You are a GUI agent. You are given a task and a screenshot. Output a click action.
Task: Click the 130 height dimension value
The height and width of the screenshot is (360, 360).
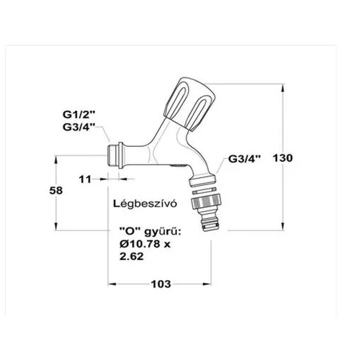(283, 158)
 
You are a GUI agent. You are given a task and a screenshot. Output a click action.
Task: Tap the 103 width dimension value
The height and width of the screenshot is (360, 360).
(161, 284)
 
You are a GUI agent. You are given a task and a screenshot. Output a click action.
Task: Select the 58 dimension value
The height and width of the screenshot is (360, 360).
(56, 191)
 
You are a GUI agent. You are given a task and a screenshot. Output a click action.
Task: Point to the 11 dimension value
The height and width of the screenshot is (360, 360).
(85, 179)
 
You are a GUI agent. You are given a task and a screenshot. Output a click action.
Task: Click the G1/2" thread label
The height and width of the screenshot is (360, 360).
(79, 114)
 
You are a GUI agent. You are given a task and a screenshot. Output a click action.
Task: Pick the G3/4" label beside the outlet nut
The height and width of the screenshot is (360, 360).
(244, 158)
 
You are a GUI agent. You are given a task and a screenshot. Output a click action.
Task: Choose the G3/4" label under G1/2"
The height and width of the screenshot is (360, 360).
(79, 127)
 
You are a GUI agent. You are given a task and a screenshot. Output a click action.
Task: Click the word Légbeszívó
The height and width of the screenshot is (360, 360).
(145, 204)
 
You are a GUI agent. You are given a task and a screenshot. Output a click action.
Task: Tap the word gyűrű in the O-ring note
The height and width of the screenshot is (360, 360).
(162, 233)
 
